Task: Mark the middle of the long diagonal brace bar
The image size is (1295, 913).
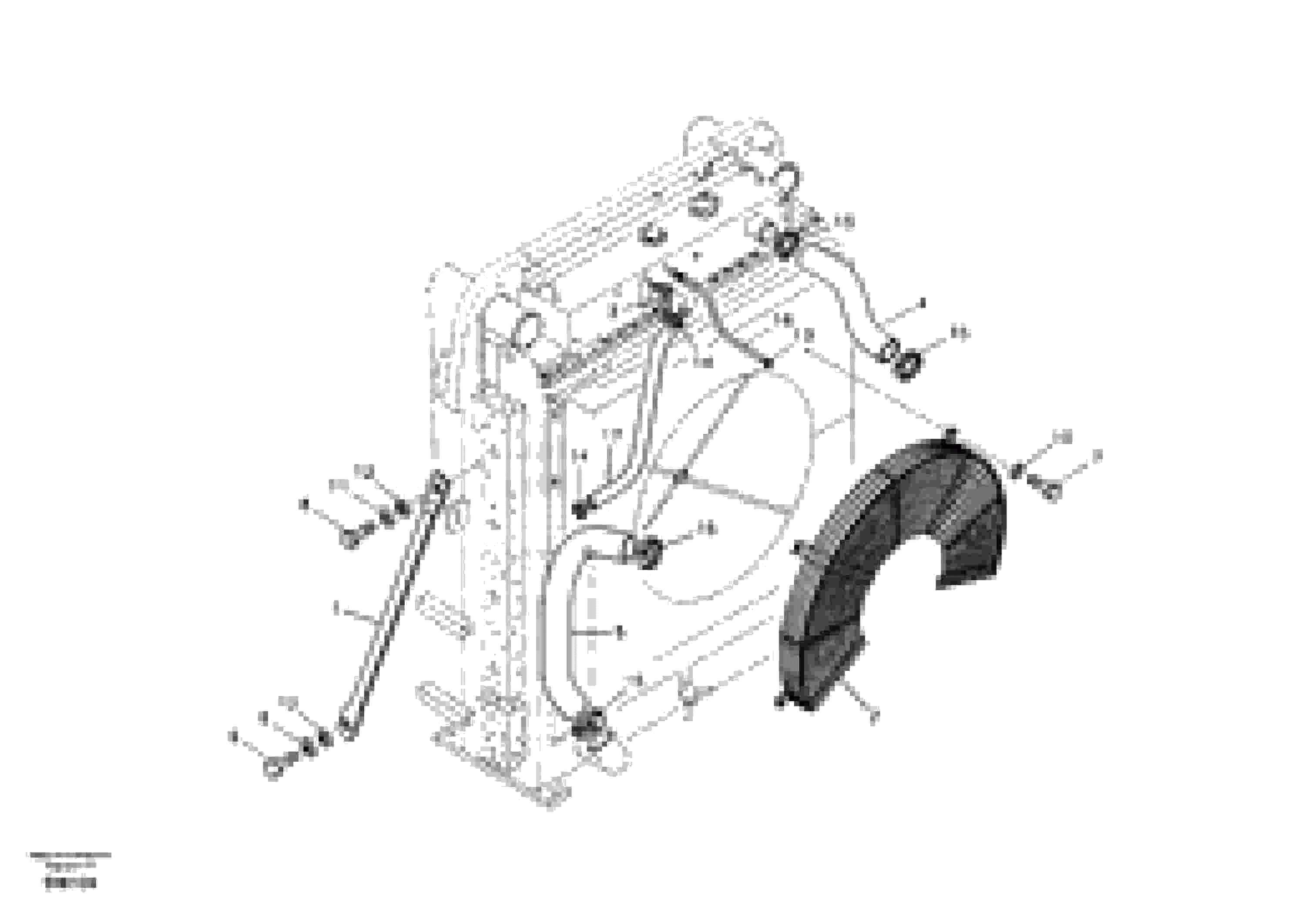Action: point(392,606)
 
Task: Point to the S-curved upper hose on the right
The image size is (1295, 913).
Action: point(846,293)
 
